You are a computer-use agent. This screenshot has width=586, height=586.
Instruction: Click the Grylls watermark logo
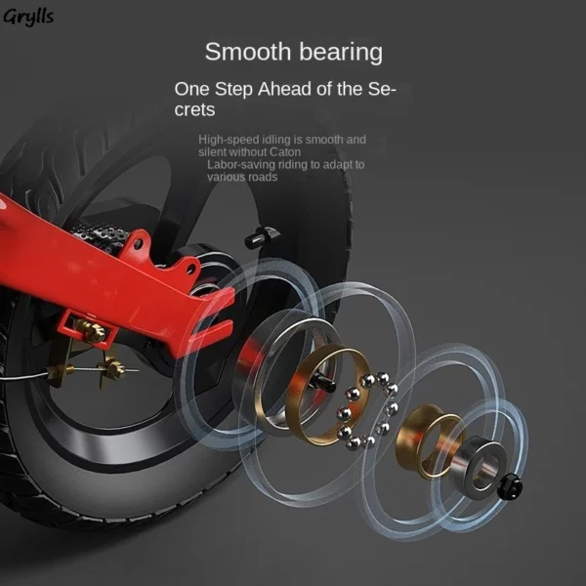(x=28, y=18)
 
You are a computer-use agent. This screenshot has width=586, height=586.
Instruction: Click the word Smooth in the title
(x=248, y=52)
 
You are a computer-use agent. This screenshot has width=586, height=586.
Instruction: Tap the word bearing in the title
(x=341, y=53)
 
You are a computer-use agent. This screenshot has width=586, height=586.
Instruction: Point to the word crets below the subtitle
(x=194, y=109)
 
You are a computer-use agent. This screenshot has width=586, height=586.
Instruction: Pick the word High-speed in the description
(x=229, y=140)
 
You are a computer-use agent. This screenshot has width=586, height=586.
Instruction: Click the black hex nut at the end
(x=510, y=486)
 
